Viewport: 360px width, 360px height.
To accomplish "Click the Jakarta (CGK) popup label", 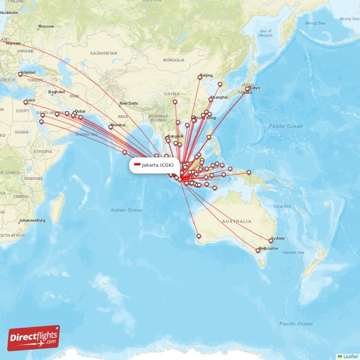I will point(154,165).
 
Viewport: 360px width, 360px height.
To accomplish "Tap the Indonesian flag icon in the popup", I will point(137,165).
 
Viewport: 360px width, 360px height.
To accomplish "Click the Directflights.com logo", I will point(34,338).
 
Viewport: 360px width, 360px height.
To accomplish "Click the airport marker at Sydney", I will point(271,241).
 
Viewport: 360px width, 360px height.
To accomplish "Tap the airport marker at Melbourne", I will point(258,251).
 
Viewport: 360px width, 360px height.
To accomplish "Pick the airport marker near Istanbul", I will point(20,74).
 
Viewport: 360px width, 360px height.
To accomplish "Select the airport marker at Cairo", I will point(26,103).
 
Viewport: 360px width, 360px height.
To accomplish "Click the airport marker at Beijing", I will point(200,78).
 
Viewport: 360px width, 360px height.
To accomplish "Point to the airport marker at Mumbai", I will point(111,127).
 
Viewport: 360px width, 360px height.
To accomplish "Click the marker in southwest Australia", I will point(198,236).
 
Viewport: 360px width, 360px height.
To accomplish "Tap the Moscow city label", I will point(46,27).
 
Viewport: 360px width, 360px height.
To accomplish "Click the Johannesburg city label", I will point(32,220).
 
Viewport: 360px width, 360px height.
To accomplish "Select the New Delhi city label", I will point(129,103).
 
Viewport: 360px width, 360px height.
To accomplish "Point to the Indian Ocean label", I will point(127,210).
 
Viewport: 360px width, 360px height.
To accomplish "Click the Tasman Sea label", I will point(292,252).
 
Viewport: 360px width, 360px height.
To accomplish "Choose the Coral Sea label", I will point(282,206).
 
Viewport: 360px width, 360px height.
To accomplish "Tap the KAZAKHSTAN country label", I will point(103,53).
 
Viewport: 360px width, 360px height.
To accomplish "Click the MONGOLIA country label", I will point(174,60).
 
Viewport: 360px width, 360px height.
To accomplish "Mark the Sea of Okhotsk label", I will point(265,33).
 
